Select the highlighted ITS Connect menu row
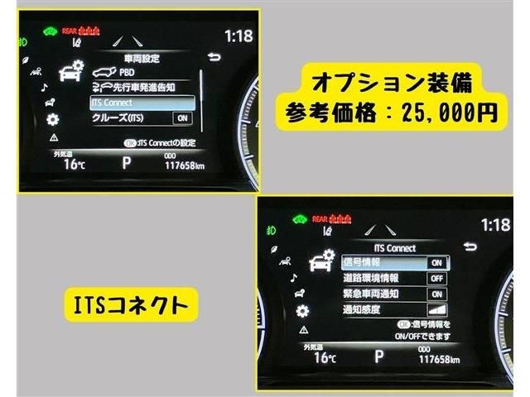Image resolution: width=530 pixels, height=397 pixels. tap(142, 103)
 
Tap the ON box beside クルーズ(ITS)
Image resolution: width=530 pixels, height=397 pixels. tap(182, 118)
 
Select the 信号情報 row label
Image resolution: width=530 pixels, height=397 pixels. tap(361, 262)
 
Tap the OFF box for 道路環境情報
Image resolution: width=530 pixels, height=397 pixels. tap(436, 278)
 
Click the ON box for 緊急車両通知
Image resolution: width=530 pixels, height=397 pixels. tap(436, 294)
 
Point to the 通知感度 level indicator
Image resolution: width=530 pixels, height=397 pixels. tap(436, 309)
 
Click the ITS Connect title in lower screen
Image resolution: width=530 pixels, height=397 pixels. tap(395, 247)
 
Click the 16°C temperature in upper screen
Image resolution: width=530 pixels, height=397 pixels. tap(74, 164)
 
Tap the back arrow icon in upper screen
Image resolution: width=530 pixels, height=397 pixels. tap(215, 57)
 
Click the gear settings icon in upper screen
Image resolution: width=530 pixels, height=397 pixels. tap(53, 118)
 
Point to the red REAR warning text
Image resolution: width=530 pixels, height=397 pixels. tap(70, 30)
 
